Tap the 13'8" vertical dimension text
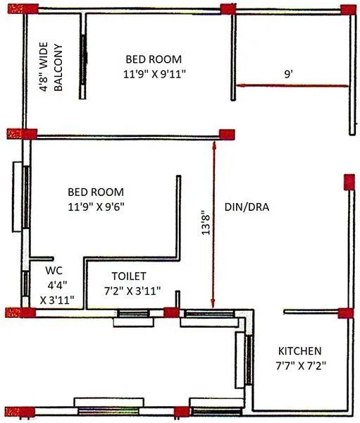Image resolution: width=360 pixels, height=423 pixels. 206,221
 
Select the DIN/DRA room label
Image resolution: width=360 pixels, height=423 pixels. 247,207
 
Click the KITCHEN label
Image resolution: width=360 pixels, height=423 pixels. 299,350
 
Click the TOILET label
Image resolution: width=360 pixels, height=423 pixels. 129,276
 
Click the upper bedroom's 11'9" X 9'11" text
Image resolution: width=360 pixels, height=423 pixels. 154,73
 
